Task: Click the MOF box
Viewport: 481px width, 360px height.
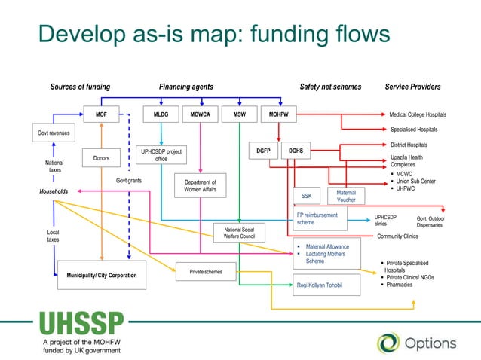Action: pyautogui.click(x=101, y=114)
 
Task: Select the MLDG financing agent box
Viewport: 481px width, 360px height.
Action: pyautogui.click(x=161, y=114)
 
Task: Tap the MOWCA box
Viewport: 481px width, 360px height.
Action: pyautogui.click(x=200, y=114)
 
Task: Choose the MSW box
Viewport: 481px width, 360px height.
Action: pyautogui.click(x=239, y=114)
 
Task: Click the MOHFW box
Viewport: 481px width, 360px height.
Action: pyautogui.click(x=279, y=114)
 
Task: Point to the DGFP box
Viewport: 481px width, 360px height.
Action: pyautogui.click(x=263, y=151)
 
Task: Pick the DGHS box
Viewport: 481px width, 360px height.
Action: pyautogui.click(x=296, y=151)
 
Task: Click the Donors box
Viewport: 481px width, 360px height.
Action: pyautogui.click(x=101, y=158)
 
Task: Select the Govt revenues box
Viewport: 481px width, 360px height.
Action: pyautogui.click(x=54, y=133)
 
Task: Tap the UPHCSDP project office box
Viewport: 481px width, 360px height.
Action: pyautogui.click(x=161, y=155)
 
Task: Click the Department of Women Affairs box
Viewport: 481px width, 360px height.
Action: pyautogui.click(x=200, y=186)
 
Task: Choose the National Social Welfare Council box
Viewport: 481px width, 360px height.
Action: pyautogui.click(x=238, y=233)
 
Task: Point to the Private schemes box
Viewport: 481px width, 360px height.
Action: pyautogui.click(x=205, y=271)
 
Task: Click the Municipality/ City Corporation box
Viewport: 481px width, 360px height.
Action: pyautogui.click(x=102, y=276)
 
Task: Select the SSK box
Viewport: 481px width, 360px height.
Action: pyautogui.click(x=306, y=196)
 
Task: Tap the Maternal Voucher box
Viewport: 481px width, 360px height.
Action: pyautogui.click(x=346, y=196)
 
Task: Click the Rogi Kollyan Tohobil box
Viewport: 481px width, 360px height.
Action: pyautogui.click(x=319, y=285)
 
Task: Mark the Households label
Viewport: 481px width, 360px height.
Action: pyautogui.click(x=54, y=192)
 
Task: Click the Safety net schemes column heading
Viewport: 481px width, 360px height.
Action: pyautogui.click(x=330, y=87)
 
